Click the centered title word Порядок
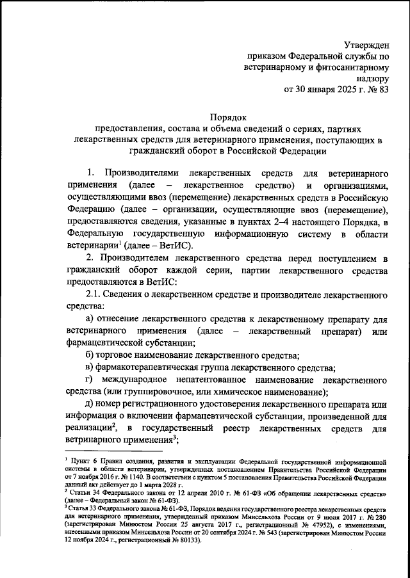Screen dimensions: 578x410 (x=228, y=116)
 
